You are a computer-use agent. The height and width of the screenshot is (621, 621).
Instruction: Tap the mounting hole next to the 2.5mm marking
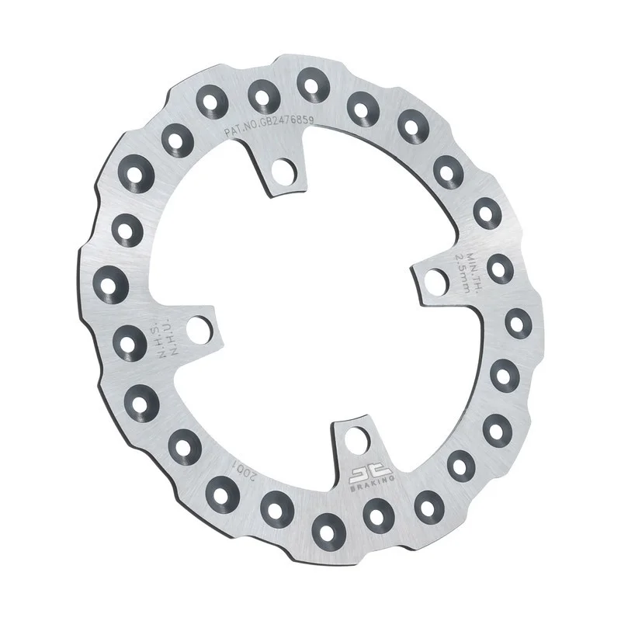434,281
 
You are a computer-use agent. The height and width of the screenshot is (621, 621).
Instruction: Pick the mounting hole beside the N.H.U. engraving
200,328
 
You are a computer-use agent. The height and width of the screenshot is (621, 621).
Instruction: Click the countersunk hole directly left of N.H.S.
130,338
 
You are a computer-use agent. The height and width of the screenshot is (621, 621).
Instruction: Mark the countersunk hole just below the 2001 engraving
224,490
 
